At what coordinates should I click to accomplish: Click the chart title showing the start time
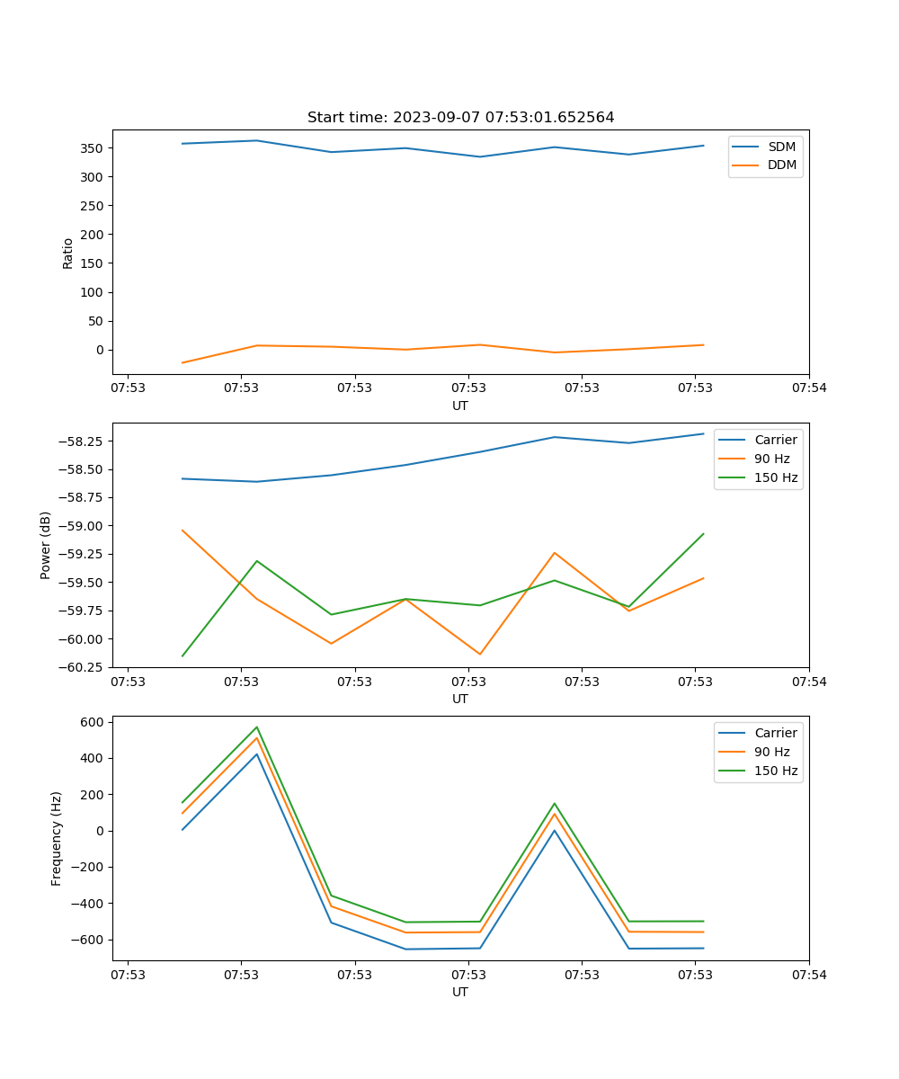[460, 118]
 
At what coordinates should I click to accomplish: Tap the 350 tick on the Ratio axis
[93, 147]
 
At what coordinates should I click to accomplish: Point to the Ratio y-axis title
[68, 253]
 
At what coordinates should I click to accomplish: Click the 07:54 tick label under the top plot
[808, 388]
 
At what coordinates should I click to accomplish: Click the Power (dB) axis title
[46, 545]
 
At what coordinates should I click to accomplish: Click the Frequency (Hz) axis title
[57, 838]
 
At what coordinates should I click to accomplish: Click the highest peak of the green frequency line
[257, 727]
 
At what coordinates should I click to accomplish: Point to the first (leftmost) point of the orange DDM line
[182, 362]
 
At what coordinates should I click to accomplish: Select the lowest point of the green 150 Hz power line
[182, 655]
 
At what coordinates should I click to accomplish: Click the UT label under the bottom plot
[460, 992]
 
